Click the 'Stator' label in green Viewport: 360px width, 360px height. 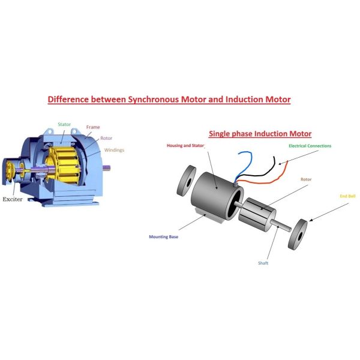pos(64,124)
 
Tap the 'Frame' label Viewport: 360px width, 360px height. pos(93,127)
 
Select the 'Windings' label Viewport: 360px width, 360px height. pos(114,150)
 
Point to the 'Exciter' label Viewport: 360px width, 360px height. pos(13,199)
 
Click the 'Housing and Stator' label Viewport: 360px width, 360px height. pos(185,146)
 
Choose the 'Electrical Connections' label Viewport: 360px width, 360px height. pos(310,146)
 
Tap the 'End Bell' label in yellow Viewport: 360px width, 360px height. pos(347,196)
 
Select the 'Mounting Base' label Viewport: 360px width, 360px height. pos(163,237)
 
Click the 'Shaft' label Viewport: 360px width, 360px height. pos(263,263)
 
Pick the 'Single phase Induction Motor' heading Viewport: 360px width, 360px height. pos(260,134)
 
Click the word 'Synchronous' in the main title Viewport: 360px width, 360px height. pos(154,100)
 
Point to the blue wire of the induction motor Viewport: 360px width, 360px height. pos(245,164)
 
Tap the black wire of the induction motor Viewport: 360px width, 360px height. pos(264,175)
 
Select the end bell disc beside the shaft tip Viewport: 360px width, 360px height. pos(298,234)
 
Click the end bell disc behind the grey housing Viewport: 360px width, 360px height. pos(186,181)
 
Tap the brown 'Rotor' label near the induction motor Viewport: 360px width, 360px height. pos(306,179)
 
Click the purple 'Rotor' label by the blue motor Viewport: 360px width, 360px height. pos(106,138)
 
